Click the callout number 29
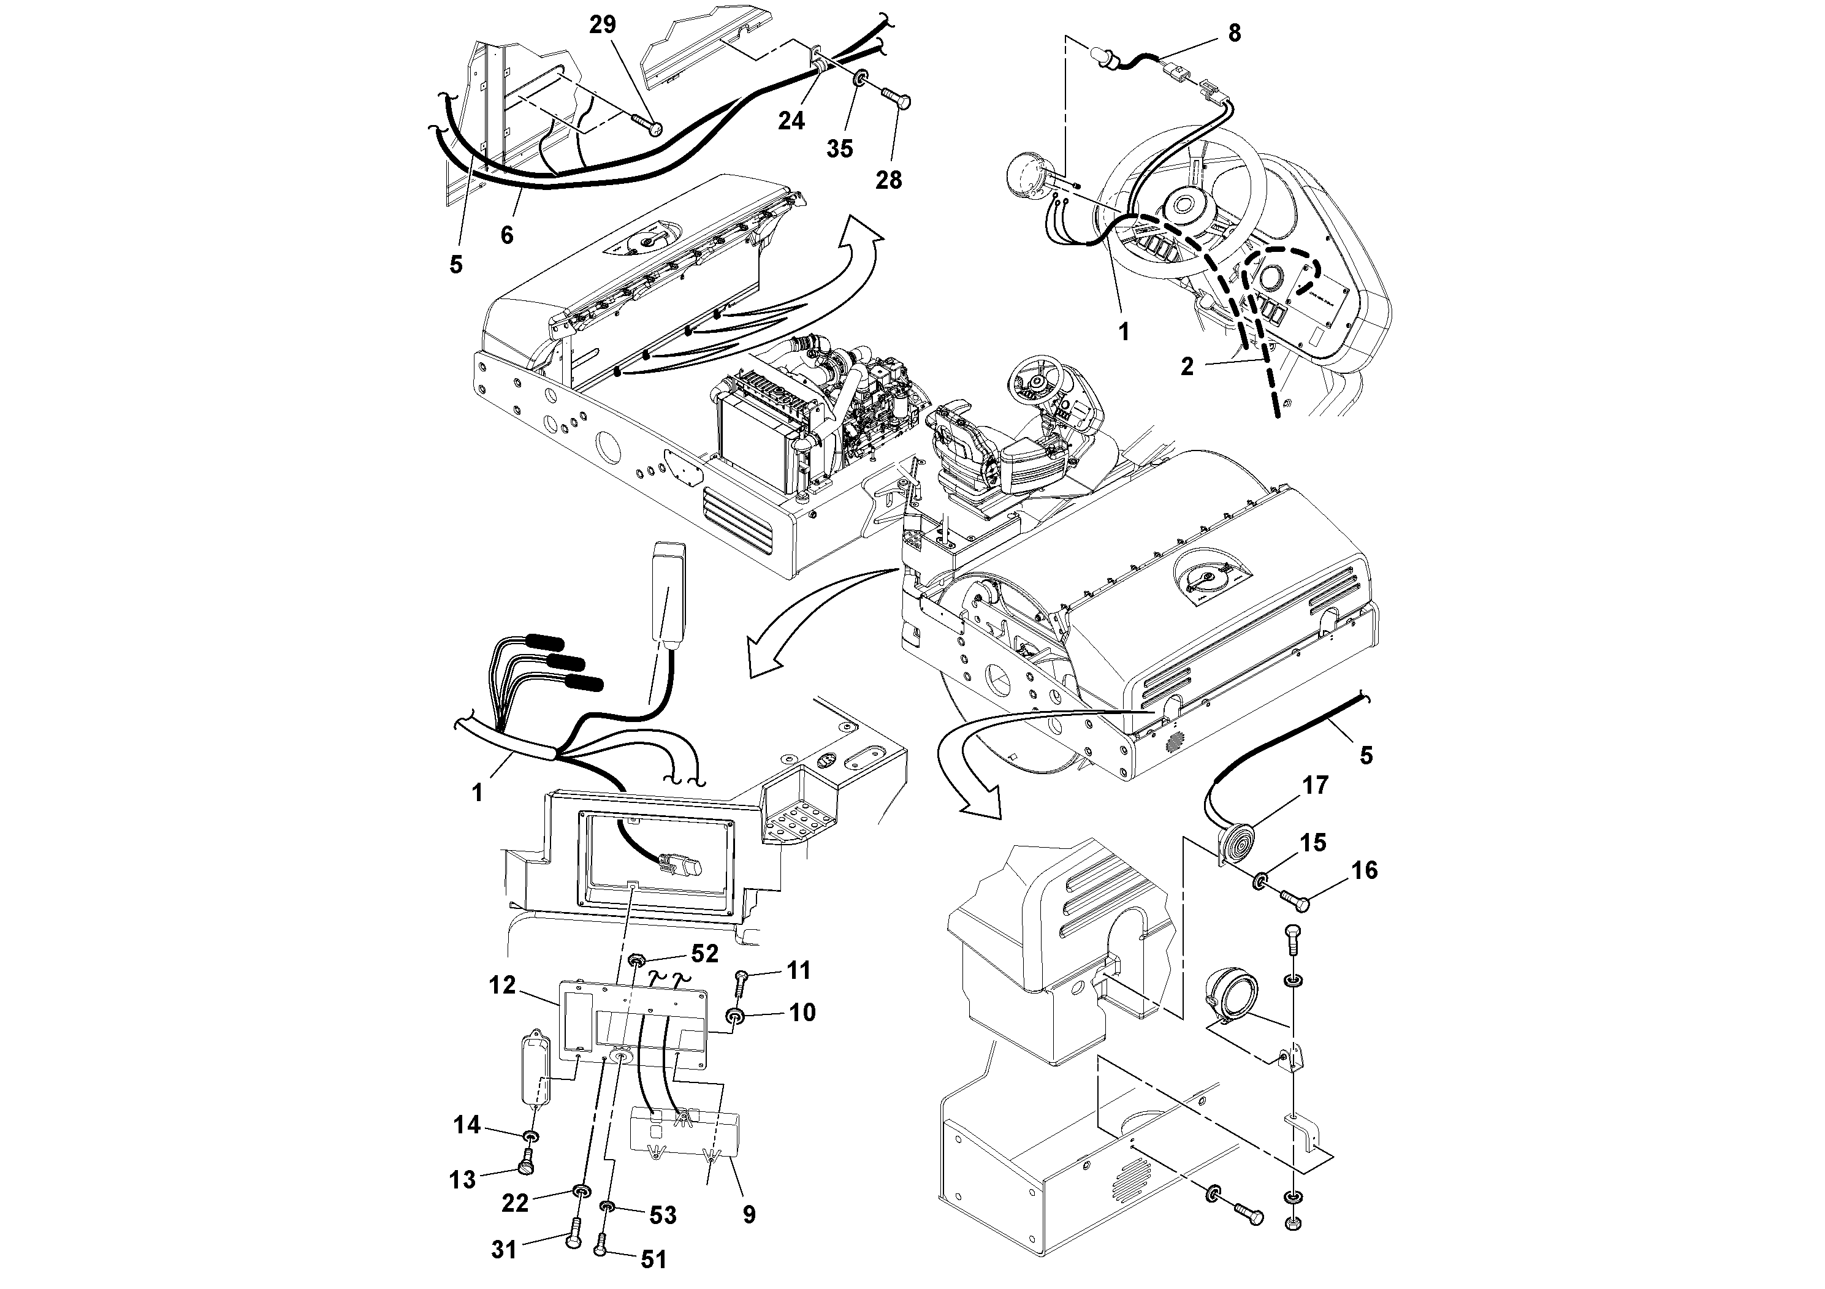click(603, 25)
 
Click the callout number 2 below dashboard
click(1187, 367)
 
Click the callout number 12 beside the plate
click(501, 986)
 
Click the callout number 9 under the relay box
click(749, 1214)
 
